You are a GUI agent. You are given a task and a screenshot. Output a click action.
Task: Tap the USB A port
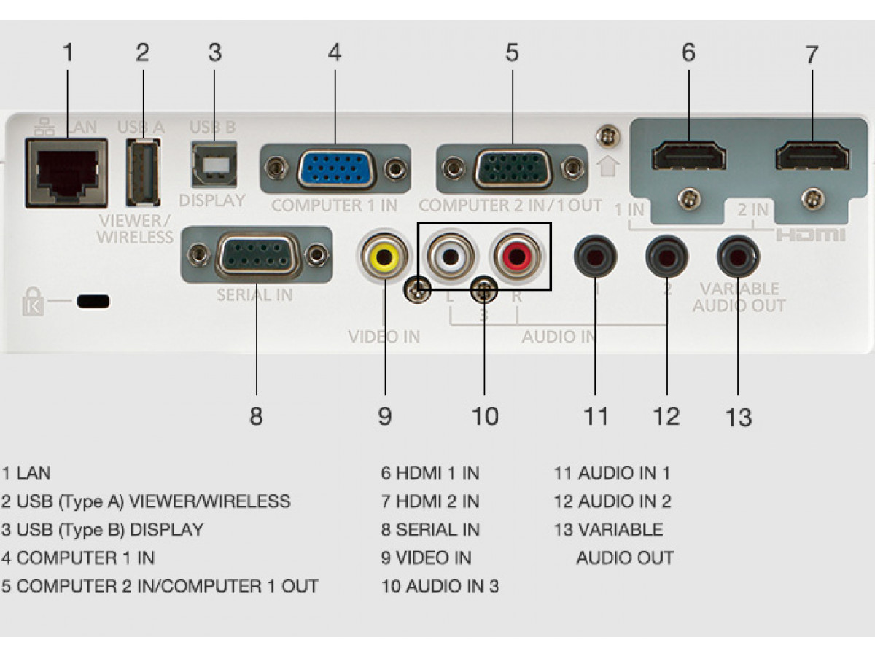click(143, 172)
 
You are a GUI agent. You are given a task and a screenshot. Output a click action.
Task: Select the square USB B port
click(214, 163)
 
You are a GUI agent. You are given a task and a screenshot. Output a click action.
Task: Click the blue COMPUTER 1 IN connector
click(335, 169)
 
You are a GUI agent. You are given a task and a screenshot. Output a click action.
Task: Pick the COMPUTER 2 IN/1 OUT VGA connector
click(512, 169)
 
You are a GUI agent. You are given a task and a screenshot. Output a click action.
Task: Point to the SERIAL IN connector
click(257, 254)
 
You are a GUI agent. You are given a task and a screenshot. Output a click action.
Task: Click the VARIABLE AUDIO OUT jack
click(737, 256)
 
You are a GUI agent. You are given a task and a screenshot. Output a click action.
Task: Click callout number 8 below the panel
click(256, 416)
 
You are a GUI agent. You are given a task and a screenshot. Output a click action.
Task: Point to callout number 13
click(738, 418)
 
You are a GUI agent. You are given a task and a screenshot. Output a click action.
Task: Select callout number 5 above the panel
click(512, 52)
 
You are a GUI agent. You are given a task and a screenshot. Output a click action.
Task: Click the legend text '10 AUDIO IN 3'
click(440, 586)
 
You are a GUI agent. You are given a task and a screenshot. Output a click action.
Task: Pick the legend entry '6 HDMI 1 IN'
click(429, 472)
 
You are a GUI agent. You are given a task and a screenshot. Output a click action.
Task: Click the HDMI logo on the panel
click(810, 235)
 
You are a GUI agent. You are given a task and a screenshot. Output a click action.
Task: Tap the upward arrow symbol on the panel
click(608, 165)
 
